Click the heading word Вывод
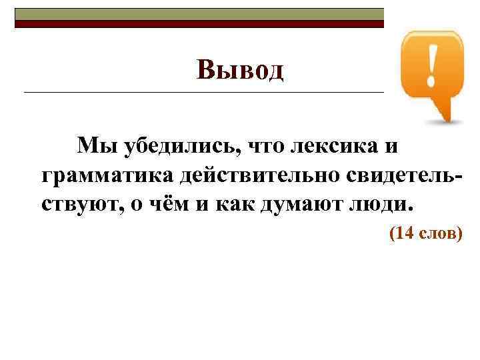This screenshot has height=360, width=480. (x=240, y=69)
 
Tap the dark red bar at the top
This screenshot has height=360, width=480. (x=200, y=24)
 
